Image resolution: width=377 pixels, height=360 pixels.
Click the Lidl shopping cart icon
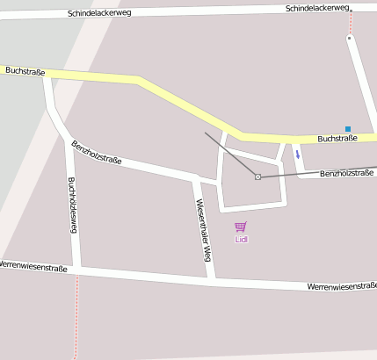point(241,227)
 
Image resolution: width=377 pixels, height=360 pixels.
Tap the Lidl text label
point(242,239)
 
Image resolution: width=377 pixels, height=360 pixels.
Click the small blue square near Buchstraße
point(348,129)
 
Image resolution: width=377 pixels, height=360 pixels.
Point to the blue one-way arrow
point(297,155)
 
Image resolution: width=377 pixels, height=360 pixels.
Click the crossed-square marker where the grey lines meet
point(257,177)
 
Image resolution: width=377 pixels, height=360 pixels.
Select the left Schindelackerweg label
point(99,14)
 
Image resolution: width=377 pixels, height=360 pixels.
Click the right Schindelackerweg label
point(317,8)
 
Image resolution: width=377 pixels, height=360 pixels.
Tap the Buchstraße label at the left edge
point(25,69)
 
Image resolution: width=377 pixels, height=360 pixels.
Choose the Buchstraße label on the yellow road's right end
point(337,138)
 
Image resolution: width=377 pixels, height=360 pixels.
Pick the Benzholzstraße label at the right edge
point(346,174)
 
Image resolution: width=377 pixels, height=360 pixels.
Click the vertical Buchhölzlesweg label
point(73,205)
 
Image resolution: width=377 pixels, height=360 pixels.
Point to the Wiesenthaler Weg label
point(203,230)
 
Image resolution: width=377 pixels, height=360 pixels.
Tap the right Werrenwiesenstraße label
point(341,286)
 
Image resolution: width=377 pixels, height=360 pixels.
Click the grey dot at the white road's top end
point(349,39)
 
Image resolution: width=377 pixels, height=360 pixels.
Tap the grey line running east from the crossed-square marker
point(316,172)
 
